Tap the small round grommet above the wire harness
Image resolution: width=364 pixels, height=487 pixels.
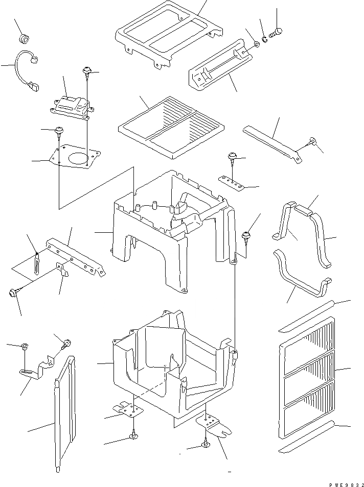(23, 38)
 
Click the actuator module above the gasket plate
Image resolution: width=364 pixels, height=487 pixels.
(71, 107)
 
